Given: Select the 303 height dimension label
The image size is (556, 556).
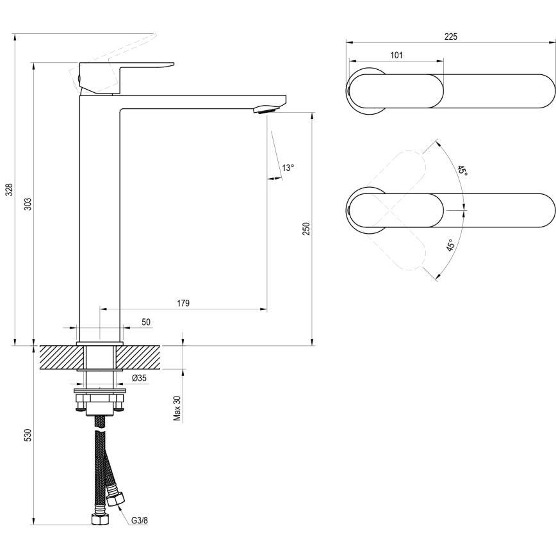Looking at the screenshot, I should pyautogui.click(x=28, y=204).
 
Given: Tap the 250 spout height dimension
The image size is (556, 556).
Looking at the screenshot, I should pyautogui.click(x=306, y=229).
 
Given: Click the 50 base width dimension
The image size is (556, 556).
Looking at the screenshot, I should pyautogui.click(x=146, y=322).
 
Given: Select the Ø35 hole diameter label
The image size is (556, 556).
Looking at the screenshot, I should pyautogui.click(x=140, y=379).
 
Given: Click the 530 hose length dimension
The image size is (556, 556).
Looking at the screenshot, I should pyautogui.click(x=28, y=436).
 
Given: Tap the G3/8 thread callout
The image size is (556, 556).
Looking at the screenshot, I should pyautogui.click(x=140, y=520).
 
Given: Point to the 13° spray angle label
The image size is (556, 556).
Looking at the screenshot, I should pyautogui.click(x=288, y=168).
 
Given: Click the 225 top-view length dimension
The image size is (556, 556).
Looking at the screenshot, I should pyautogui.click(x=450, y=37).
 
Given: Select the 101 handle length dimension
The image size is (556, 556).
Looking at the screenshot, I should pyautogui.click(x=396, y=56).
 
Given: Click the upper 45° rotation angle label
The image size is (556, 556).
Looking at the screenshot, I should pyautogui.click(x=462, y=172).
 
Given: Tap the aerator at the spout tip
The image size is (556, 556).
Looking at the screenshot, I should pyautogui.click(x=266, y=110).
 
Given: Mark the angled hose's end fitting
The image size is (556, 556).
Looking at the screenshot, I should pyautogui.click(x=116, y=498).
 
